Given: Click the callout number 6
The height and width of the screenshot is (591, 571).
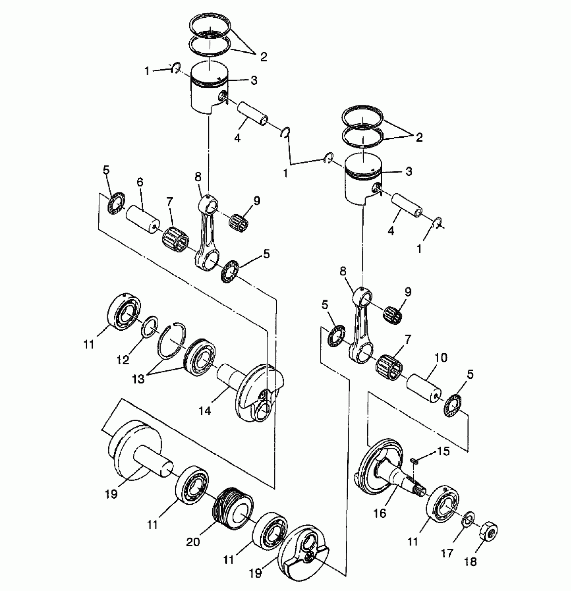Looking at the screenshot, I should [x=140, y=182].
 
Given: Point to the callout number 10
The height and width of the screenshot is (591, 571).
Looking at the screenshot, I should [x=441, y=358].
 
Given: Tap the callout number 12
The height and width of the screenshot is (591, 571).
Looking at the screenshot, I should [x=123, y=360].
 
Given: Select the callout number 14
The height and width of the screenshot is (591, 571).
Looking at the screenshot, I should [x=205, y=410].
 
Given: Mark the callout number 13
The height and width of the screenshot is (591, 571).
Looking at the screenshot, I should [x=138, y=379].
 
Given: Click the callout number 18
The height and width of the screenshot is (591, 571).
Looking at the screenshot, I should [x=471, y=562].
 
